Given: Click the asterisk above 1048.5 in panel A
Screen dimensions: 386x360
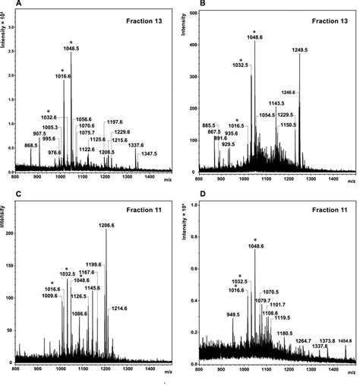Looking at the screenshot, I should (71, 42).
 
